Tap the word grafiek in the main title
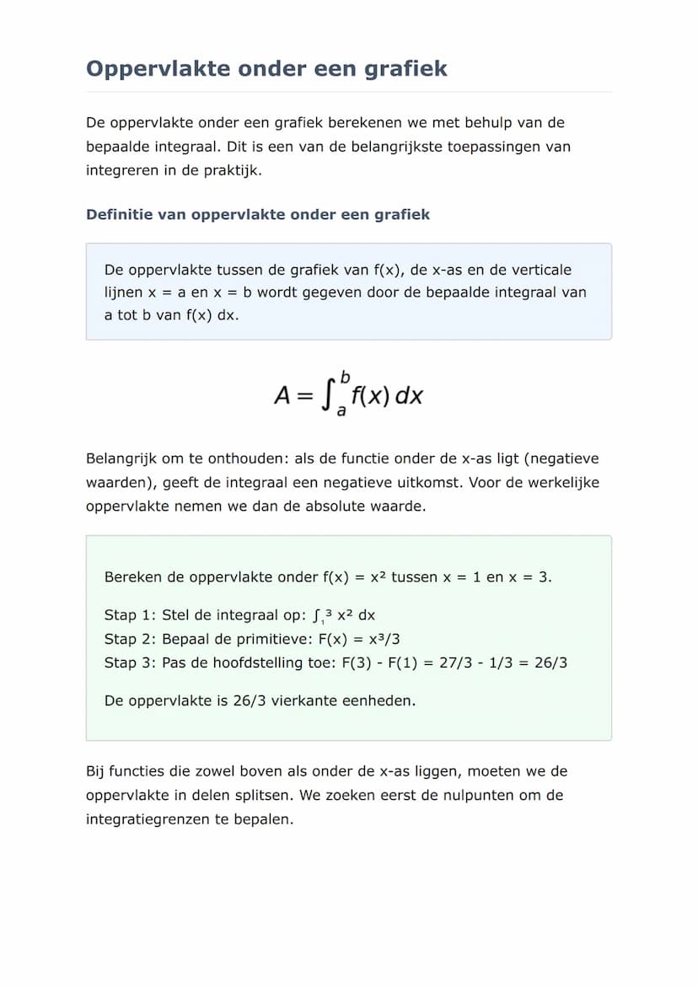405,68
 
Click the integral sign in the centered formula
327,395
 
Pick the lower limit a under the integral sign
341,411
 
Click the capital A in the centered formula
283,395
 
